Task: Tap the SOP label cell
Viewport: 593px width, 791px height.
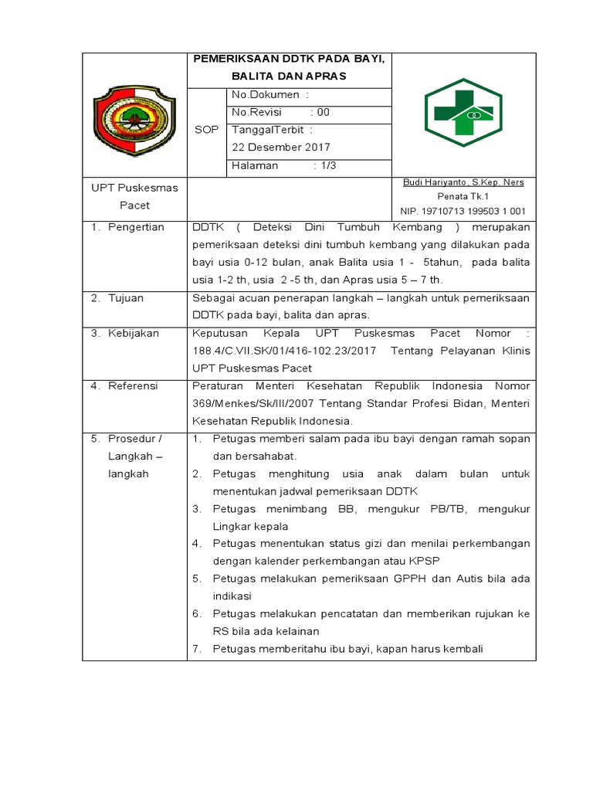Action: coord(206,130)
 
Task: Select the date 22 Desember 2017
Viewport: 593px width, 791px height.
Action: coord(281,147)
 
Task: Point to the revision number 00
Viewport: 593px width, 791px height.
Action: coord(324,112)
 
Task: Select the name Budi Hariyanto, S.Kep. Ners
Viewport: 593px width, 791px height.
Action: coord(463,182)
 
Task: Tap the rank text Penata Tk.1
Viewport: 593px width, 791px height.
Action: coord(463,197)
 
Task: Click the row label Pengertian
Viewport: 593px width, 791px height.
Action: coord(136,227)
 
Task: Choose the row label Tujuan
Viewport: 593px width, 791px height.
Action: coord(126,297)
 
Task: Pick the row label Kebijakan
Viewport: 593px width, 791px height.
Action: coord(134,333)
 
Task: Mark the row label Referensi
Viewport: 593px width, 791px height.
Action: coord(133,385)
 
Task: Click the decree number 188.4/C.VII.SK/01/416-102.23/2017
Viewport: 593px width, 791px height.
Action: coord(283,351)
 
